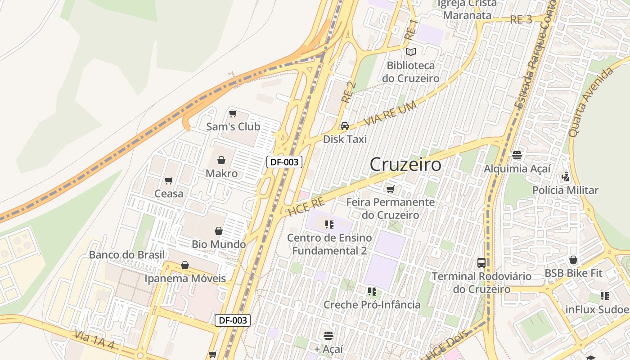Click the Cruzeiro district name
405,165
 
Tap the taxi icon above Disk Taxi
345,126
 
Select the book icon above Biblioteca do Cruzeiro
410,52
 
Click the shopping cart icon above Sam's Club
233,113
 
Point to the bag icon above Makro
221,160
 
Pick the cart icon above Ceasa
169,180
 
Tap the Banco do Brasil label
127,255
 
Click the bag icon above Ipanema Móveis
185,265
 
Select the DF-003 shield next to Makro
284,162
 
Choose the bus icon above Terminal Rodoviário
481,263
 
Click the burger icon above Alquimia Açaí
517,155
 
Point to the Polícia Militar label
565,190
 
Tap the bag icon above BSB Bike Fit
573,260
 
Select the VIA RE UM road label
390,114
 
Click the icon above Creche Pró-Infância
372,292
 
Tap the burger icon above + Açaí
328,335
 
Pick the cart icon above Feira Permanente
390,189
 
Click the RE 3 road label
521,19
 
